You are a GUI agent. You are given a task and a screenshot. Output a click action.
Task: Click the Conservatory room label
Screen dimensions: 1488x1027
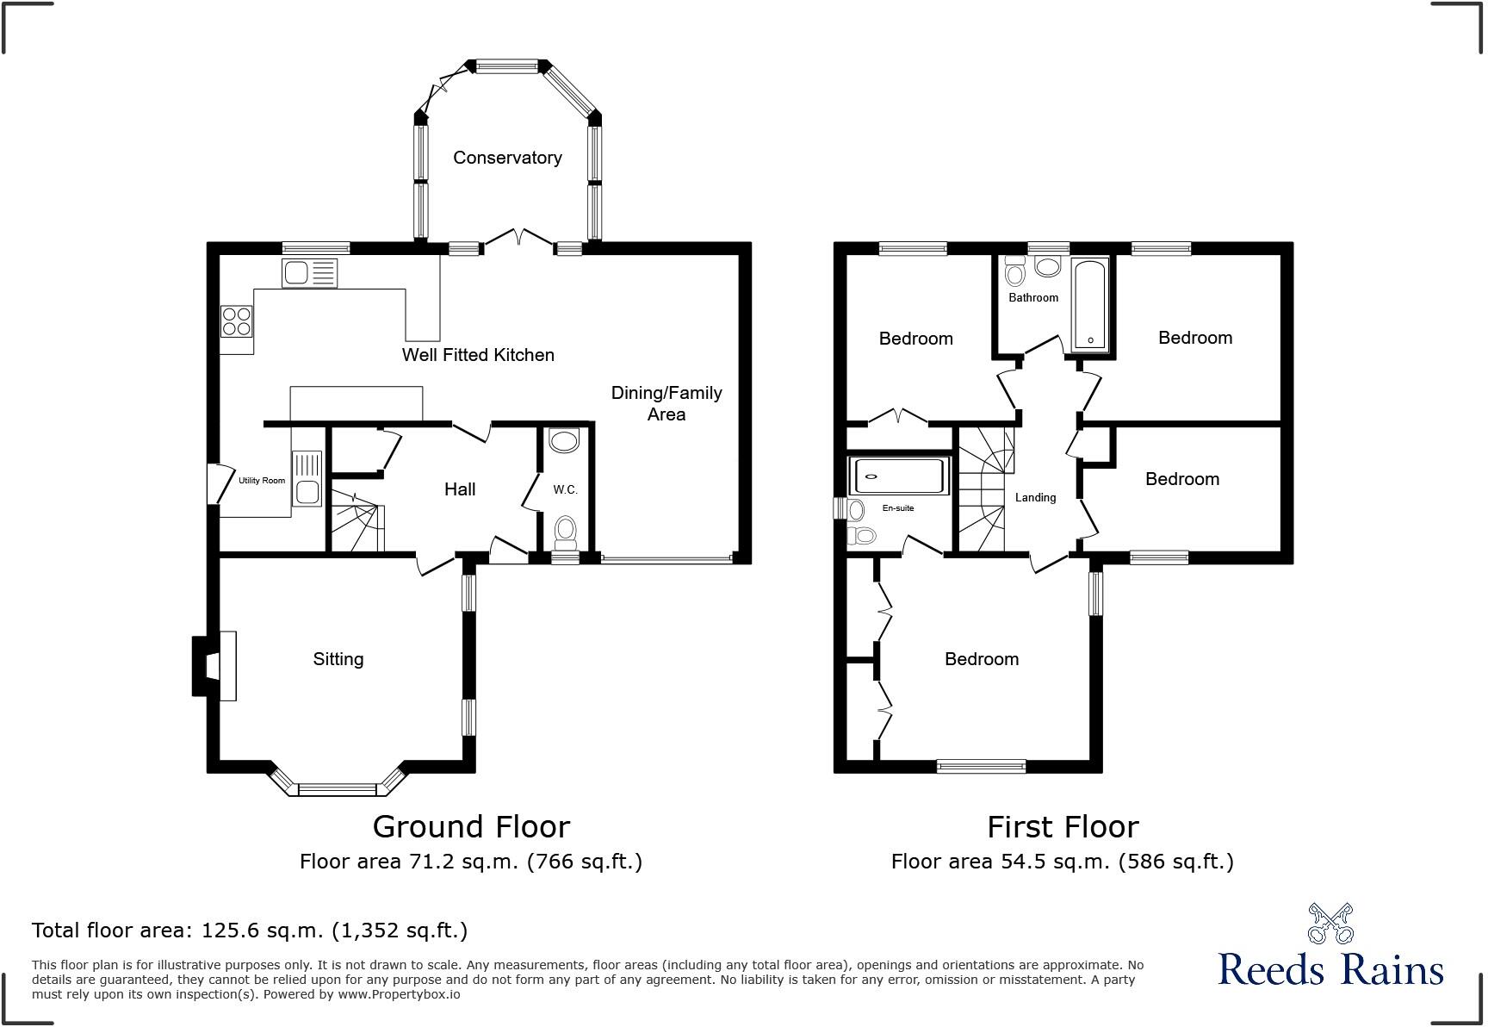coord(507,158)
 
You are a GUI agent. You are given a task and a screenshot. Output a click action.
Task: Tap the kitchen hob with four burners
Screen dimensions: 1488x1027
coord(237,321)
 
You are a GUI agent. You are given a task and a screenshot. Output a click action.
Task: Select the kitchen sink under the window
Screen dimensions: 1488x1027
coord(309,274)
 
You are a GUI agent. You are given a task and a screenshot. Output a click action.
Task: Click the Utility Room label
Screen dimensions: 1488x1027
coord(262,481)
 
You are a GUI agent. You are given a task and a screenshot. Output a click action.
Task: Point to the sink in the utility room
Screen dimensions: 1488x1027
coord(307,478)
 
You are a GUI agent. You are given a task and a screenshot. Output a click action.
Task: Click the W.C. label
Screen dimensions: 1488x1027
coord(565,490)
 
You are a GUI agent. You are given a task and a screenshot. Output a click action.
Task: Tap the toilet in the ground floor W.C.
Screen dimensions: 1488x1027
coord(565,531)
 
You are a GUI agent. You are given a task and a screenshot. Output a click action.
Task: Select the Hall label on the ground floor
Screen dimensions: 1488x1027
coord(460,489)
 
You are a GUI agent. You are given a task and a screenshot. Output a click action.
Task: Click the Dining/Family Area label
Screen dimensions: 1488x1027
coord(666,403)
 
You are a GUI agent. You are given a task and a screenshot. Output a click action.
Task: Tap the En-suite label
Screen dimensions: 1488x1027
coord(898,508)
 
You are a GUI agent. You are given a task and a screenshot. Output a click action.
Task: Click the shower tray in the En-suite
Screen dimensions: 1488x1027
coord(898,476)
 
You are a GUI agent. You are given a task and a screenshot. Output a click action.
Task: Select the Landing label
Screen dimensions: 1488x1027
coord(1035,498)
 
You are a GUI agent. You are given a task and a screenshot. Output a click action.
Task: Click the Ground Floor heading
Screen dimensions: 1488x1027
coord(471,827)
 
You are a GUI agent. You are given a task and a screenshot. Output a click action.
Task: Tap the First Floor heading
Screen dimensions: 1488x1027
coord(1063,827)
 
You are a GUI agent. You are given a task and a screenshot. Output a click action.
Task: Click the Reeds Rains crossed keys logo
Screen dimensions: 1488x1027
coord(1330,924)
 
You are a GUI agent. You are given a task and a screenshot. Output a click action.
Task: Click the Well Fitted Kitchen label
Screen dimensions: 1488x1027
coord(478,355)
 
